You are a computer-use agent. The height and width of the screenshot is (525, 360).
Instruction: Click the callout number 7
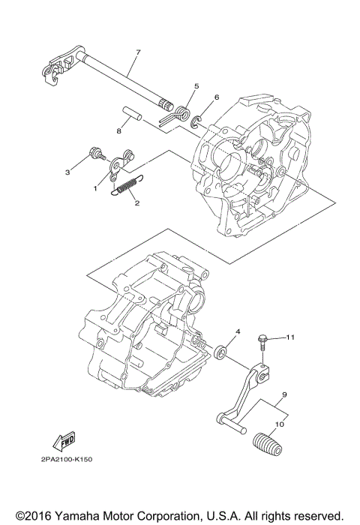[x=137, y=52]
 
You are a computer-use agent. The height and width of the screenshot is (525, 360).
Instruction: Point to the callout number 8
[x=118, y=130]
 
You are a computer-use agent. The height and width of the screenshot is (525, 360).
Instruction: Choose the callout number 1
[x=96, y=189]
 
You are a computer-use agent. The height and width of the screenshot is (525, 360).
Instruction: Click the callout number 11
[x=291, y=338]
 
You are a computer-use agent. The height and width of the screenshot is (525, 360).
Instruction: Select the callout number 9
[x=285, y=394]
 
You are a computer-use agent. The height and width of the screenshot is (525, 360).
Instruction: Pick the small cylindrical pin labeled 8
[x=135, y=120]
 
